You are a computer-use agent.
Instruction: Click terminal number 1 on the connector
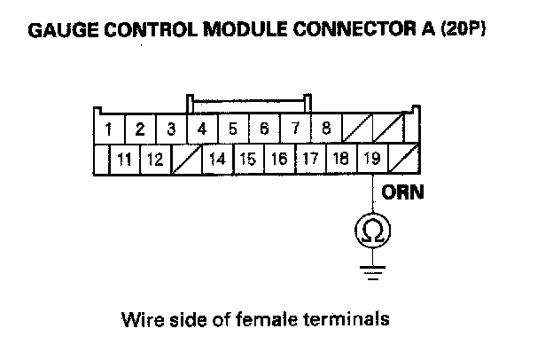[108, 129]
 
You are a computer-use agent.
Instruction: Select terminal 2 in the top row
[140, 129]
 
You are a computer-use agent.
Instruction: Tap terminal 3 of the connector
[171, 129]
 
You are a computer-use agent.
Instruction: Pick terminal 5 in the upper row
[233, 129]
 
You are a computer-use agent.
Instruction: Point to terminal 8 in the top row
[326, 129]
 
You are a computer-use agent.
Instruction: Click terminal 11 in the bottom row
[124, 160]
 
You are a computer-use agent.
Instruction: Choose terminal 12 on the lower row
[154, 160]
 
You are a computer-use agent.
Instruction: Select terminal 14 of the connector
[217, 160]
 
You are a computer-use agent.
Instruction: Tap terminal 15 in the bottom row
[248, 160]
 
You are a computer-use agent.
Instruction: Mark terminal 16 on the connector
[279, 160]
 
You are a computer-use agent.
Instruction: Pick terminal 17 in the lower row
[310, 160]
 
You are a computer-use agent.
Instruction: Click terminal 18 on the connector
[340, 160]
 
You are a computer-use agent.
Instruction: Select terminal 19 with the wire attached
[371, 160]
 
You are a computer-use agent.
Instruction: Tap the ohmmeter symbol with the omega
[372, 231]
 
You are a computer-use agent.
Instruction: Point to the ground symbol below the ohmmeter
[372, 270]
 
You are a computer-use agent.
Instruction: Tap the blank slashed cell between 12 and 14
[186, 160]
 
